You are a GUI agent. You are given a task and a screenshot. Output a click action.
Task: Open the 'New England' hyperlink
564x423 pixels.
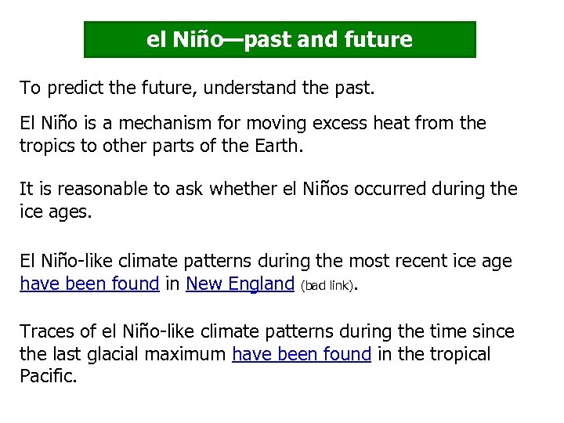point(240,284)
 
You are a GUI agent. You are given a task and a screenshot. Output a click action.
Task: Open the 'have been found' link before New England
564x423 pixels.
point(89,284)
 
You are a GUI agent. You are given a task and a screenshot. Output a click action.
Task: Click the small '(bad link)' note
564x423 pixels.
point(327,285)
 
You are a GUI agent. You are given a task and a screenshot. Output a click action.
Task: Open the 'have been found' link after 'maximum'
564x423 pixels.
point(302,354)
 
